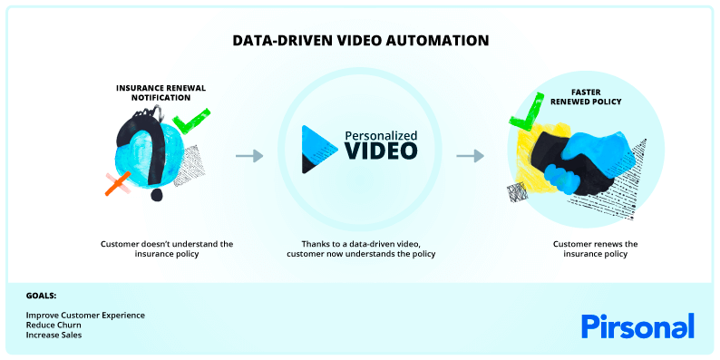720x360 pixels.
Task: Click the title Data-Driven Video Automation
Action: [360, 41]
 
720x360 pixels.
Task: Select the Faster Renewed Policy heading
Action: [596, 96]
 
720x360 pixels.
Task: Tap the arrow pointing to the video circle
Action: [248, 156]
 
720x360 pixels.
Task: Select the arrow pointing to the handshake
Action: [470, 156]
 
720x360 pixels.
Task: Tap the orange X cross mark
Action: [116, 184]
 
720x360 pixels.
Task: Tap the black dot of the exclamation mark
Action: [156, 194]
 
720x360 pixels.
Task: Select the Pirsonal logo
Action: [637, 326]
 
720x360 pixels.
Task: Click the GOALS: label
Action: [41, 296]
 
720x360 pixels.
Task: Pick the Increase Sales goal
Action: [54, 335]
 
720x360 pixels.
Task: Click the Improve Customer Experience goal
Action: [85, 315]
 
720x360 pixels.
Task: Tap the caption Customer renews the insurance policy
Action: [596, 248]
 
